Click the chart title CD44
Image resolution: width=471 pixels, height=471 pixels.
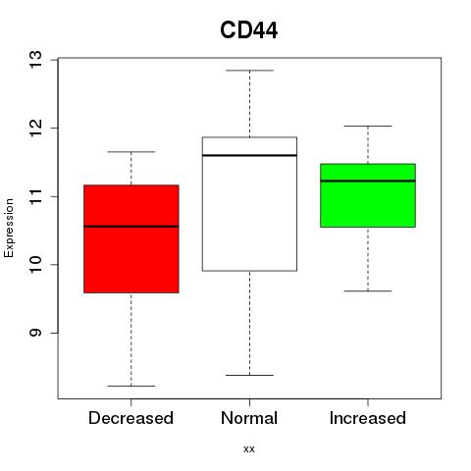tap(249, 30)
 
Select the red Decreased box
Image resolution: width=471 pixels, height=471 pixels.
tap(131, 238)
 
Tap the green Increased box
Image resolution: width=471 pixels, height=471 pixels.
tap(368, 195)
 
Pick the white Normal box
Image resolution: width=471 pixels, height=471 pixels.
tap(249, 204)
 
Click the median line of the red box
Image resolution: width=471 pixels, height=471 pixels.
tap(131, 227)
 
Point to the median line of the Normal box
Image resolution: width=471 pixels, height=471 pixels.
tap(249, 155)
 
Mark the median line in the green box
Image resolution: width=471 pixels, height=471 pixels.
tap(368, 181)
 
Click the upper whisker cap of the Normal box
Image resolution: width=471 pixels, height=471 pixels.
tap(249, 71)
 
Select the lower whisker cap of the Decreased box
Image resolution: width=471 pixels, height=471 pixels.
tap(131, 386)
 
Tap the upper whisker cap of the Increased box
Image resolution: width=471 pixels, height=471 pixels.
tap(368, 126)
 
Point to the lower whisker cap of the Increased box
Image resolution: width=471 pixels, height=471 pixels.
tap(368, 290)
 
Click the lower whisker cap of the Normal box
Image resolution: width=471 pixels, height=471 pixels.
tap(249, 375)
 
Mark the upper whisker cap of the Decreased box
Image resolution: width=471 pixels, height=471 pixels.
tap(131, 152)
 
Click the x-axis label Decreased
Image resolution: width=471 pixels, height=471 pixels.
tap(131, 418)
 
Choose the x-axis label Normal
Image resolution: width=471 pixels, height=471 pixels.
tap(249, 418)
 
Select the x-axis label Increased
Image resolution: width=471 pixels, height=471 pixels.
tap(368, 418)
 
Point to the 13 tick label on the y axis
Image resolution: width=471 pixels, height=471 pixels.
tap(36, 60)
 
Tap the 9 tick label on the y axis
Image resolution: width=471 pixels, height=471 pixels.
tap(36, 333)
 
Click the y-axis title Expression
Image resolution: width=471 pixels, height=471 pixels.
tap(9, 228)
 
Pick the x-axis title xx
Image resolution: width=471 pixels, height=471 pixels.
tap(249, 449)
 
